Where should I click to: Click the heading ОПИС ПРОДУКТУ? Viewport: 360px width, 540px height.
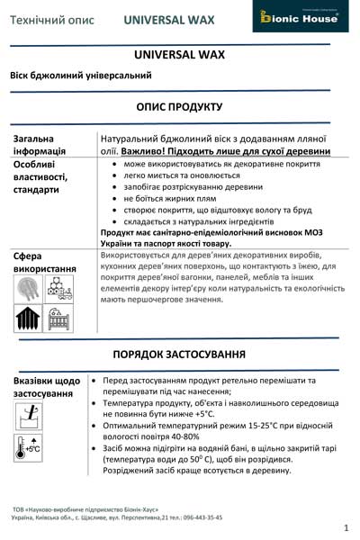[x=179, y=107]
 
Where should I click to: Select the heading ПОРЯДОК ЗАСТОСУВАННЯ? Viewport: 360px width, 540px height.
[x=179, y=352]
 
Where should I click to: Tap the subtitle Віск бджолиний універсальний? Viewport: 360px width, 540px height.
[x=82, y=76]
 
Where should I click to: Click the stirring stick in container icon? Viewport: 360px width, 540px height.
[x=30, y=416]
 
